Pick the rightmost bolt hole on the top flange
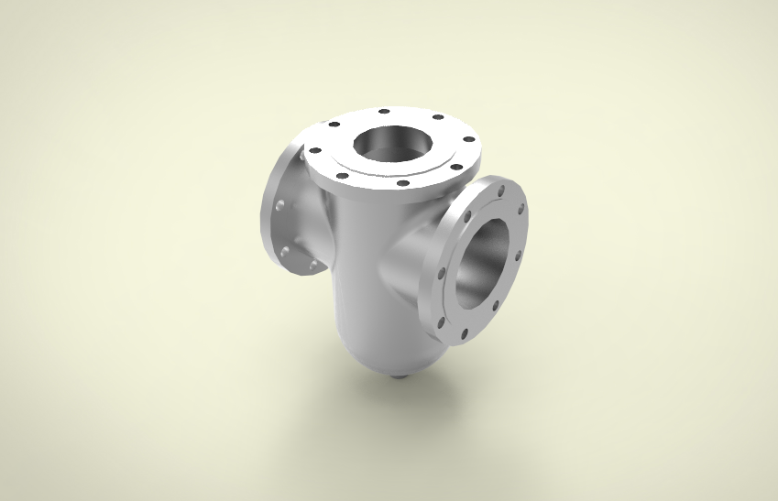pyautogui.click(x=469, y=140)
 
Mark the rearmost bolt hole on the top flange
pyautogui.click(x=384, y=112)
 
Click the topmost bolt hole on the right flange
pyautogui.click(x=500, y=191)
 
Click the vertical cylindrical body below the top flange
pyautogui.click(x=353, y=275)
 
